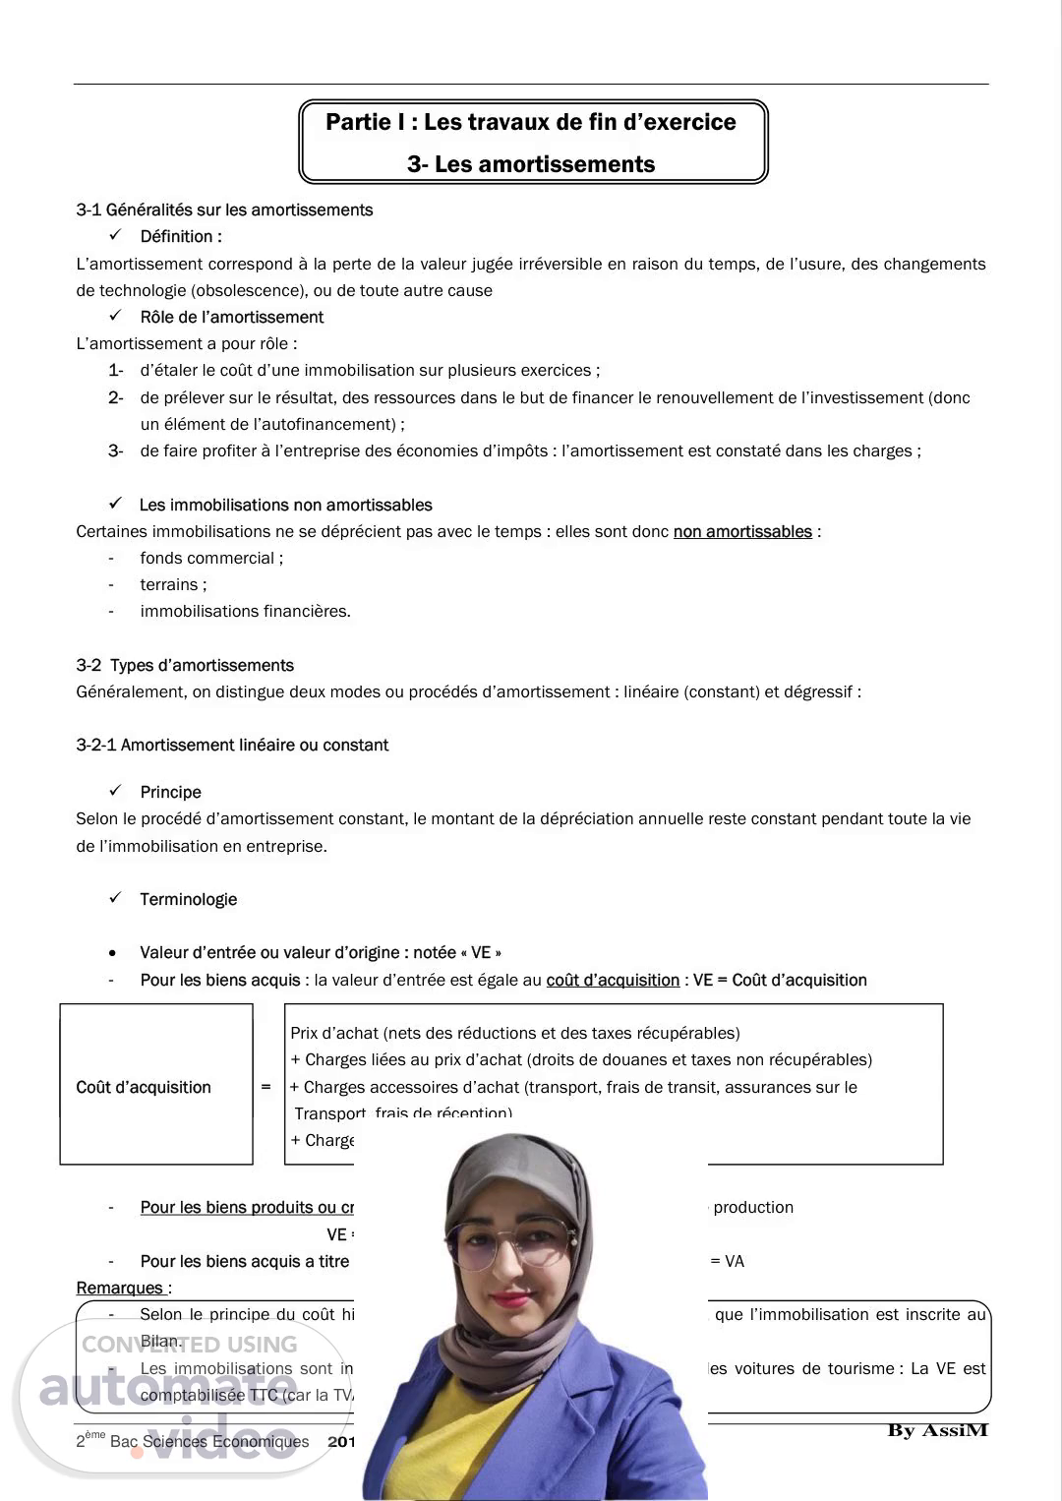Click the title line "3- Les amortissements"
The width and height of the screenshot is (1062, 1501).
click(531, 164)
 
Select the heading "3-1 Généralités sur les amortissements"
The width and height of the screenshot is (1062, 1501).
click(224, 210)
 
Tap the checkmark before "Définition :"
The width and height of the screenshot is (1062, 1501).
click(115, 235)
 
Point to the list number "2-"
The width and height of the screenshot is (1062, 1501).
click(115, 397)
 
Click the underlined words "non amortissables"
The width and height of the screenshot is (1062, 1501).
click(742, 531)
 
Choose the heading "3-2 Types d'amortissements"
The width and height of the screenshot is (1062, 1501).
click(185, 665)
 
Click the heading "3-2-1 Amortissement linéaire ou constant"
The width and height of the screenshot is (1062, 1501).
click(232, 745)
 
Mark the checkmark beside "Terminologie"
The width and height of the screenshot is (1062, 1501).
click(115, 898)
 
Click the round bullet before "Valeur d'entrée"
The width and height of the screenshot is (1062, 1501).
click(114, 953)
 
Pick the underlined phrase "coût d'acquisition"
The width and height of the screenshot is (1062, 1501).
click(613, 980)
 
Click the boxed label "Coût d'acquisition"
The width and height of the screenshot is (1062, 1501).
click(144, 1087)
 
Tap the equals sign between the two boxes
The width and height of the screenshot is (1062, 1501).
click(265, 1087)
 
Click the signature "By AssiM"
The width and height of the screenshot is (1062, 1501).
click(937, 1430)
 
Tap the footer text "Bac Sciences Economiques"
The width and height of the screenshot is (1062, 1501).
click(209, 1441)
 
